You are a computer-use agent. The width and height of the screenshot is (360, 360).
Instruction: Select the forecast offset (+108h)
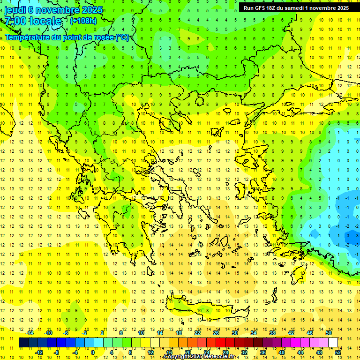click(x=83, y=21)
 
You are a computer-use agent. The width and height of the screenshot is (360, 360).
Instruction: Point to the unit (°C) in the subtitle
click(x=122, y=37)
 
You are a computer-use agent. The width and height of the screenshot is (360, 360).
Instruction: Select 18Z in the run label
click(x=274, y=8)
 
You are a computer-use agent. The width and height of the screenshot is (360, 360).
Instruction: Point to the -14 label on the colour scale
click(x=30, y=333)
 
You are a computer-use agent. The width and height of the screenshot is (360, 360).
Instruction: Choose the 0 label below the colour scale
click(x=92, y=352)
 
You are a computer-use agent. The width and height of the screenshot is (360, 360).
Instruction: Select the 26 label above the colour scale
click(x=216, y=333)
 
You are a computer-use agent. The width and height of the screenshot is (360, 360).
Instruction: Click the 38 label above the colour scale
click(x=272, y=333)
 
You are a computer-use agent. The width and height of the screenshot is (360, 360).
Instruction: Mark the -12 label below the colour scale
click(x=39, y=352)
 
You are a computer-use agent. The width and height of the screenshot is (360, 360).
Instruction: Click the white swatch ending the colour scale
click(x=333, y=343)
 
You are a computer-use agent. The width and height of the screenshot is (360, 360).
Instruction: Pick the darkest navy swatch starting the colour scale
click(x=23, y=343)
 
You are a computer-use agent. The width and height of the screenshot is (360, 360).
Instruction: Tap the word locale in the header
click(x=45, y=21)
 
